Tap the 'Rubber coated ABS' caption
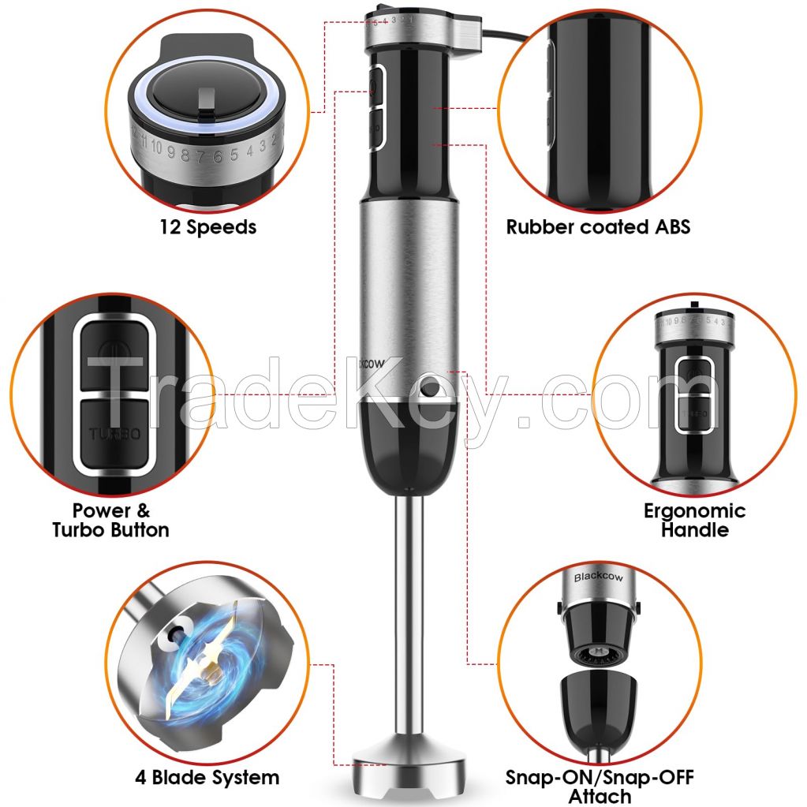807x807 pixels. pyautogui.click(x=598, y=227)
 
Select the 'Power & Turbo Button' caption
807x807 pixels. pyautogui.click(x=110, y=520)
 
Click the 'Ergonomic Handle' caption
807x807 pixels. pyautogui.click(x=694, y=520)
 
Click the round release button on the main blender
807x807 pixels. pyautogui.click(x=429, y=387)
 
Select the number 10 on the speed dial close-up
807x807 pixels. pyautogui.click(x=158, y=147)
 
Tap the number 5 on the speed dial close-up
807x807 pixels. pyautogui.click(x=234, y=153)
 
